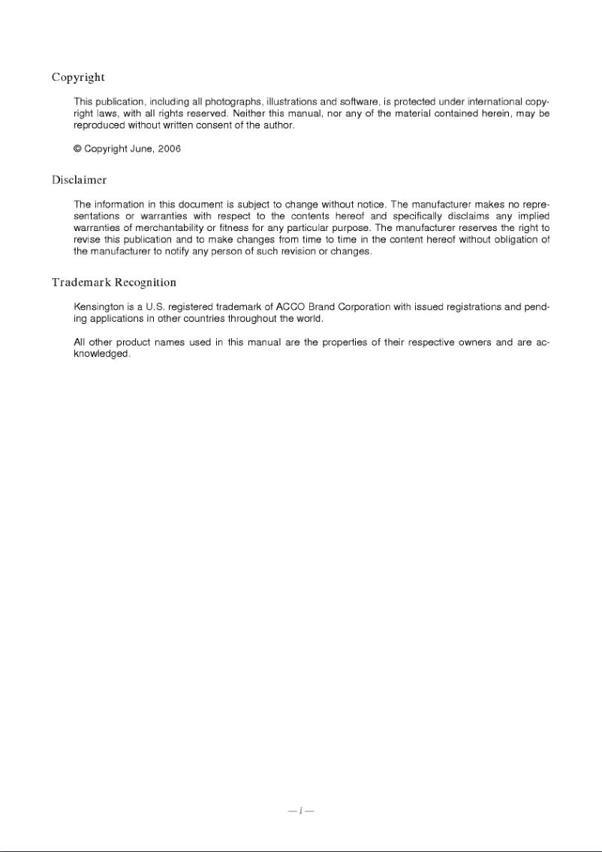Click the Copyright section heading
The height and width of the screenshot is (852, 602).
point(78,77)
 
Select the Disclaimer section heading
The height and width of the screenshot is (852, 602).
point(79,180)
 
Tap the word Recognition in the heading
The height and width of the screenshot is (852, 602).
point(146,283)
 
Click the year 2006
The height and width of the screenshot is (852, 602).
point(169,148)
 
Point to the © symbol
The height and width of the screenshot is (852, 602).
point(77,148)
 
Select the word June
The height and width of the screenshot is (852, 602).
point(141,148)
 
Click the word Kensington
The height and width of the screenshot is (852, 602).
point(99,307)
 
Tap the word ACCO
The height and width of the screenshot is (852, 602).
point(290,307)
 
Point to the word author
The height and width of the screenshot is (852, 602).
point(278,125)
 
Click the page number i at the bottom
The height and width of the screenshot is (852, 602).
point(300,811)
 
